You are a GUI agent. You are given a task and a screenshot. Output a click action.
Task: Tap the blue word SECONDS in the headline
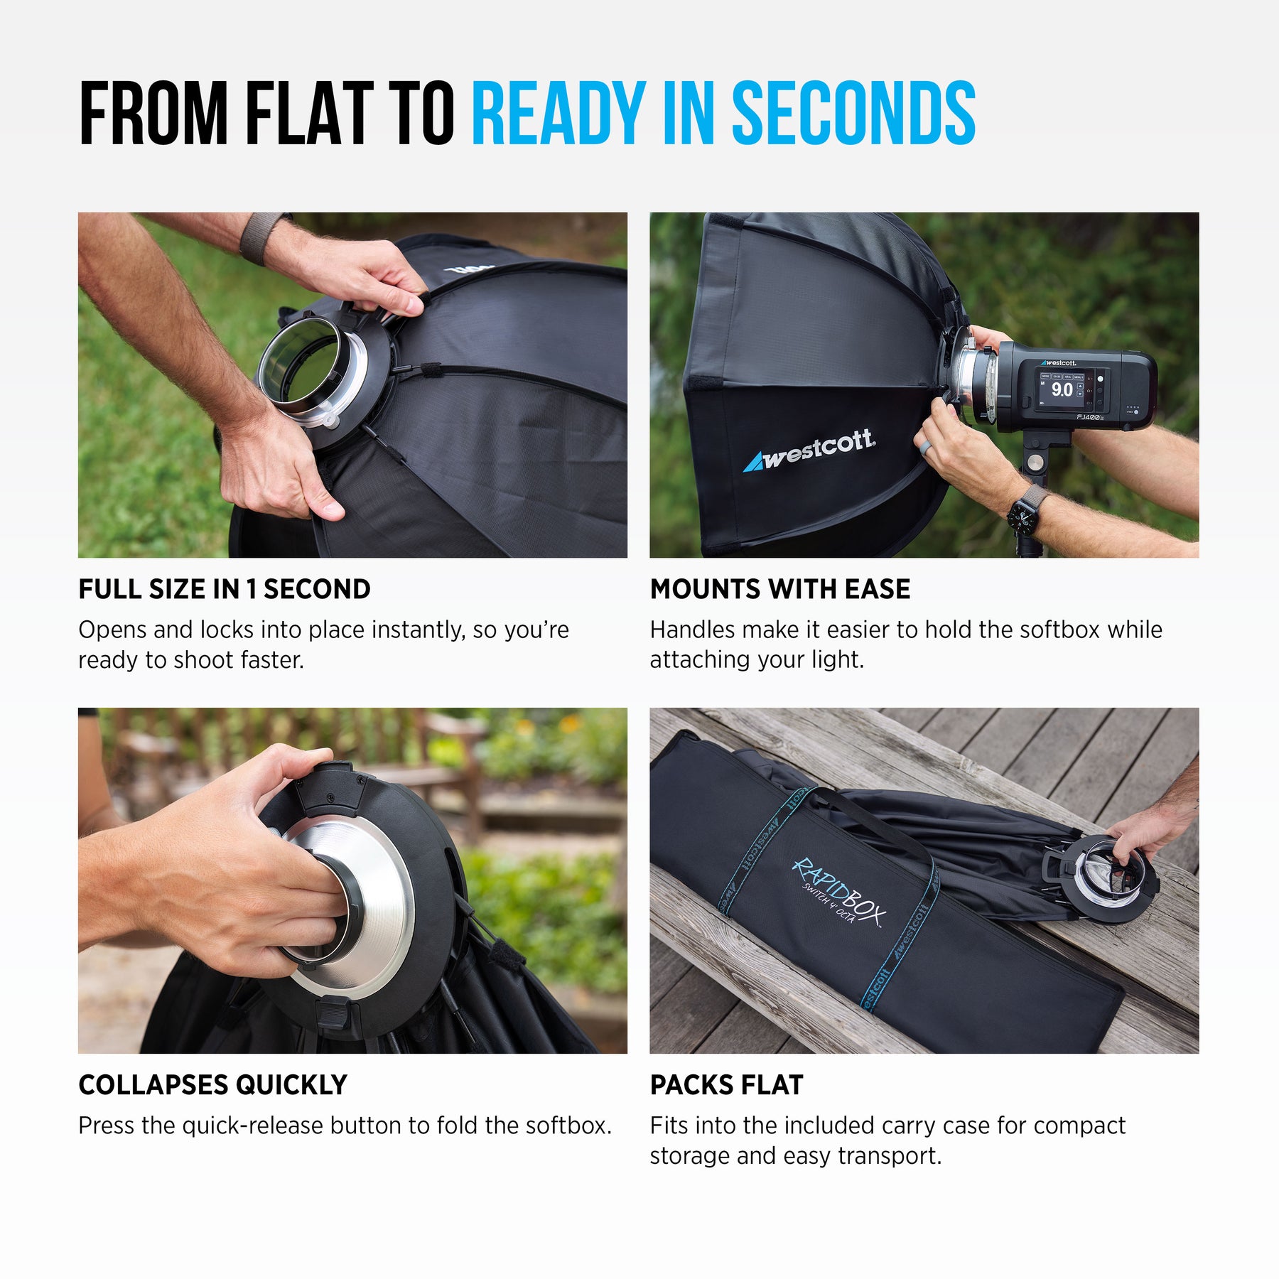point(853,113)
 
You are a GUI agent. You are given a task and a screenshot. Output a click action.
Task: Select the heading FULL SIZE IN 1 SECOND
point(225,589)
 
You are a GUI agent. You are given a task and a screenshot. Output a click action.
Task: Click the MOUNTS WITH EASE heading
point(780,589)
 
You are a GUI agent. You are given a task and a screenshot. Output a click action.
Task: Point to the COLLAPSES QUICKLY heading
point(213,1085)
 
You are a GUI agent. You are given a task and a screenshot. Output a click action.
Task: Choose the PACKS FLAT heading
point(727,1085)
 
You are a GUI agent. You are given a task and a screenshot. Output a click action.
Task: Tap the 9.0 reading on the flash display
point(1062,389)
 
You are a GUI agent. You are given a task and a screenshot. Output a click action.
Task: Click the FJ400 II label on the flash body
point(1089,417)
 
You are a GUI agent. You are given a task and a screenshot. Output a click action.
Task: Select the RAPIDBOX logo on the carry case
point(838,892)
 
